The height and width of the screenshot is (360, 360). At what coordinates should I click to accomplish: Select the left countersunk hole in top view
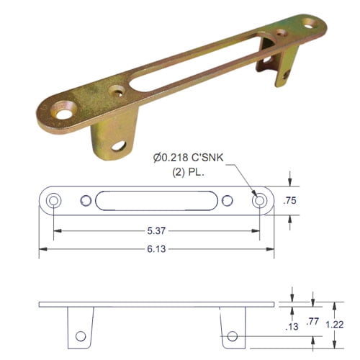click(x=53, y=201)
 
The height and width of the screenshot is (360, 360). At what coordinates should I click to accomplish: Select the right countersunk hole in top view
click(x=258, y=201)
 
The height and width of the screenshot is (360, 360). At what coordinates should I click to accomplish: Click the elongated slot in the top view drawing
click(x=156, y=201)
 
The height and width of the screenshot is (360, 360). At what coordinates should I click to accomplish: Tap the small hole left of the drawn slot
click(x=86, y=201)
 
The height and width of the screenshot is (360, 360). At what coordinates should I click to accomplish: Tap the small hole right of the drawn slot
click(x=227, y=201)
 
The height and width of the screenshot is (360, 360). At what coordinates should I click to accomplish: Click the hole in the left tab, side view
click(x=80, y=336)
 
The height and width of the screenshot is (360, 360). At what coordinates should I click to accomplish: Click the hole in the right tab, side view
click(x=232, y=336)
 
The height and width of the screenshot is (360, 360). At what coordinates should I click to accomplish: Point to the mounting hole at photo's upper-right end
click(x=307, y=23)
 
